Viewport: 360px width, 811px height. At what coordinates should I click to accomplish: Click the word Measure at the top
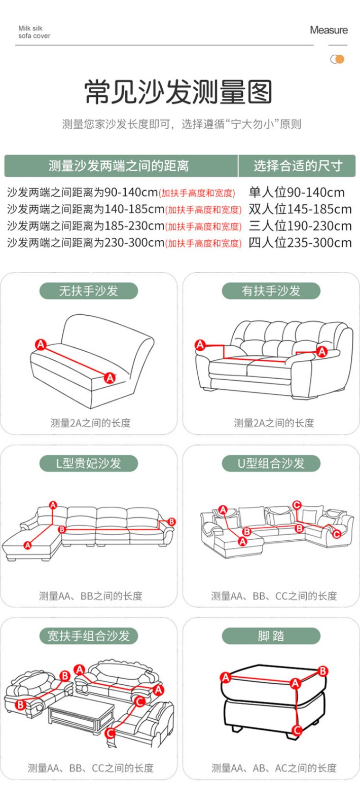[329, 30]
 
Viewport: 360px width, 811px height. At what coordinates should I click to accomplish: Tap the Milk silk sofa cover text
[34, 32]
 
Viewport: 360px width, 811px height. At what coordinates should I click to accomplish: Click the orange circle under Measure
[340, 59]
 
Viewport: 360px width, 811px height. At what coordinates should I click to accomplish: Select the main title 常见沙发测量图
[178, 92]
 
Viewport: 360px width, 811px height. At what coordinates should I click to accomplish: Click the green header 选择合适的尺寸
[298, 166]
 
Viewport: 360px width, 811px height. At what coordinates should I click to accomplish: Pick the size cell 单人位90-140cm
[297, 192]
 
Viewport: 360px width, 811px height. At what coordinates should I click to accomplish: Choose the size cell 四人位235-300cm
[300, 243]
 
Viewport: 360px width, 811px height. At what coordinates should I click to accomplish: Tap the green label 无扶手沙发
[89, 291]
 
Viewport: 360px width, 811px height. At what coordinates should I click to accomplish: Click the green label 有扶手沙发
[271, 291]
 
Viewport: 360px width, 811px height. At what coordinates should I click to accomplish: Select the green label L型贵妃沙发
[89, 463]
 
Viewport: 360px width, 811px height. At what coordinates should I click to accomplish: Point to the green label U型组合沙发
[271, 463]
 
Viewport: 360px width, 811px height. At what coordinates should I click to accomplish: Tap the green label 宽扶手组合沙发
[89, 636]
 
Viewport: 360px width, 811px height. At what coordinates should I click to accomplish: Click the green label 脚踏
[271, 636]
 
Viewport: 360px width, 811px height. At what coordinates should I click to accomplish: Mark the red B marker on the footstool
[322, 672]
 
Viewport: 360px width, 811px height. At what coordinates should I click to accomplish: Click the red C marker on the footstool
[297, 730]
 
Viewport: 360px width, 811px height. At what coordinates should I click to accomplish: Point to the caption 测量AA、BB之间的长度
[91, 596]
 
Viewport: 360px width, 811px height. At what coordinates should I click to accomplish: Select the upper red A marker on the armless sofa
[41, 344]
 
